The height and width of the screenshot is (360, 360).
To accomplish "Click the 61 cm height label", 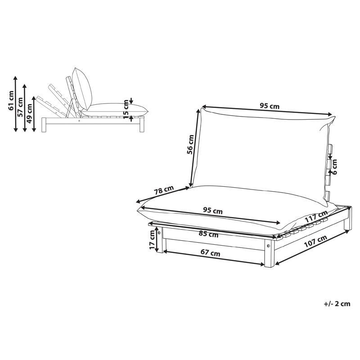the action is (x=11, y=100).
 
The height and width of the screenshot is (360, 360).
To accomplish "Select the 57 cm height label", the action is (x=20, y=107).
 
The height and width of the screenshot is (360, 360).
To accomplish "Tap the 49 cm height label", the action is (x=30, y=113).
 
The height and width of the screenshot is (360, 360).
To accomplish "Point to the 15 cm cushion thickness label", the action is (x=126, y=109).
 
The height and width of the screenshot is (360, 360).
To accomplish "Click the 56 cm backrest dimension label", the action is (x=190, y=144).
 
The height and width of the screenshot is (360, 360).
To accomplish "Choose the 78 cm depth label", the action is (x=164, y=190).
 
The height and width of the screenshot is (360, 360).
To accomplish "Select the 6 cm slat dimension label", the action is (x=335, y=167).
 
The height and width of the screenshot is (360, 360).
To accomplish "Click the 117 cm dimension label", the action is (x=316, y=216).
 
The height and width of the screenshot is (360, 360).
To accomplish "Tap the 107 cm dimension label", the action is (x=315, y=241).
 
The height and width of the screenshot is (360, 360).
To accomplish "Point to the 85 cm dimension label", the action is (x=208, y=234).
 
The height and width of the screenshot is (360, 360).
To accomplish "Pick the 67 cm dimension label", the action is (x=210, y=253).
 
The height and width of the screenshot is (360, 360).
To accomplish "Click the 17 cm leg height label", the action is (x=152, y=240).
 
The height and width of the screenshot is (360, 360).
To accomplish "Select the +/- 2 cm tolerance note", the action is (x=337, y=304).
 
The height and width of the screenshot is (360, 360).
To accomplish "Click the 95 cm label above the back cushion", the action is (x=270, y=106).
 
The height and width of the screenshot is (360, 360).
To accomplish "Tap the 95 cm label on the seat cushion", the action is (x=213, y=210).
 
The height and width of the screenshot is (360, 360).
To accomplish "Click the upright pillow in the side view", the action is (x=82, y=89).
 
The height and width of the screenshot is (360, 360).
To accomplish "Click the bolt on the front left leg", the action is (x=159, y=233).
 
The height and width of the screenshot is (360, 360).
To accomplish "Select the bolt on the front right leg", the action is (x=268, y=246).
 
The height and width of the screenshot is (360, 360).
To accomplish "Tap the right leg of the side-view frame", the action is (x=142, y=125).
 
